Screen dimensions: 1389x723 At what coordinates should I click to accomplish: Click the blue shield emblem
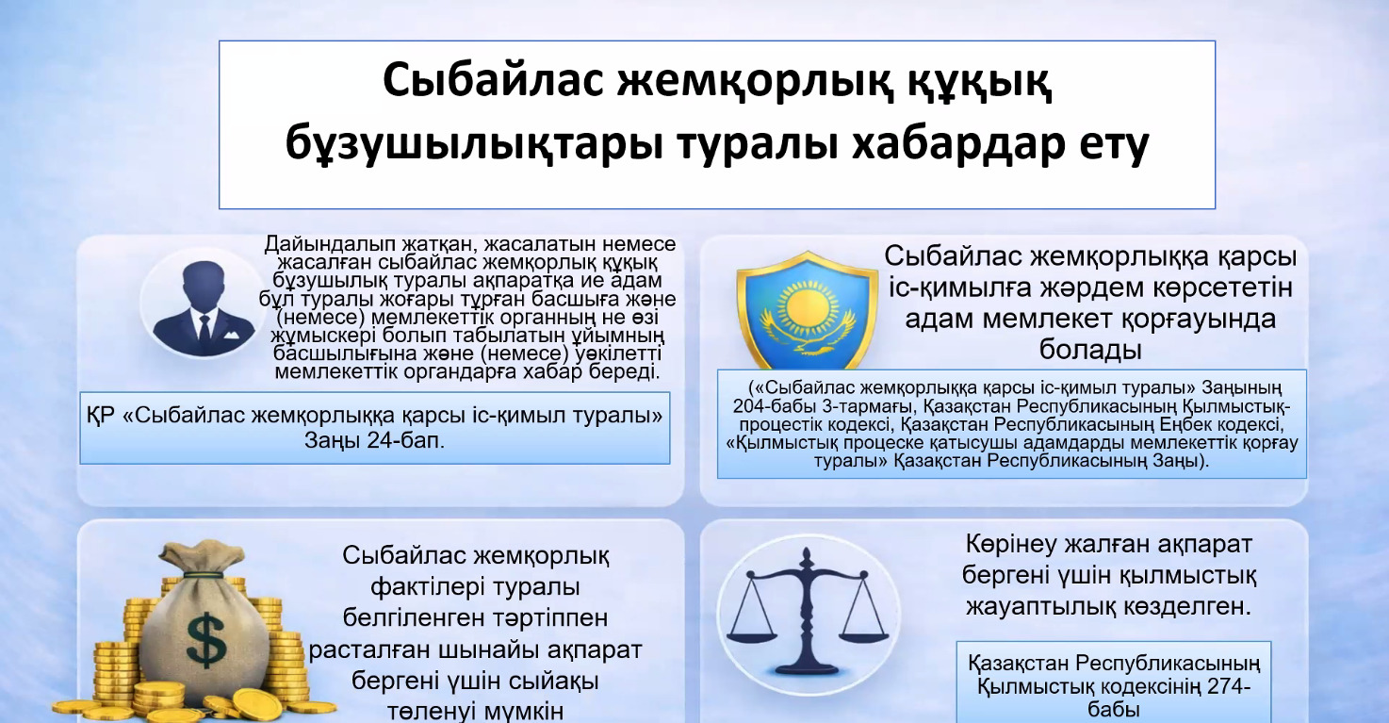point(808,310)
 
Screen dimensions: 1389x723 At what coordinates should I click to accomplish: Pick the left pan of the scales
point(752,633)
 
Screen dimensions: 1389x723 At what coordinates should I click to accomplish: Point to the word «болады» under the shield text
point(1090,350)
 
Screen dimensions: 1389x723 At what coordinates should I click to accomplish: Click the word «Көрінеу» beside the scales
point(1011,545)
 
